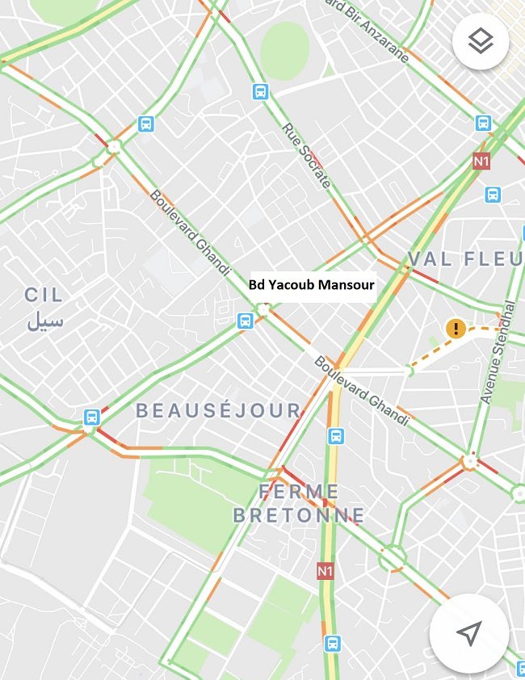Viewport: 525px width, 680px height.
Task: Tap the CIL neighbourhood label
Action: click(44, 295)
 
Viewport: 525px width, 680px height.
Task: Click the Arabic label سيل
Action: click(44, 321)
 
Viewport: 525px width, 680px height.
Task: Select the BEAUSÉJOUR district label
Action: click(218, 410)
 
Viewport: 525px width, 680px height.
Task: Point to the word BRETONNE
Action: click(299, 515)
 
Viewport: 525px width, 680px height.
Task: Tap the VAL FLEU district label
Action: click(465, 259)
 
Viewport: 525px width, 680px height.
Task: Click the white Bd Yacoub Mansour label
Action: click(312, 285)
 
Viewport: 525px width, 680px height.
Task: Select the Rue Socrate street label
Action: click(306, 155)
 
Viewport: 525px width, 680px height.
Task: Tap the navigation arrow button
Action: click(468, 633)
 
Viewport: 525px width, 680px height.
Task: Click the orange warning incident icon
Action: click(456, 328)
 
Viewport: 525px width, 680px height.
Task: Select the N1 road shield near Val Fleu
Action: click(481, 161)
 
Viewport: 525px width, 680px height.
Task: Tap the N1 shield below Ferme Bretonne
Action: click(325, 571)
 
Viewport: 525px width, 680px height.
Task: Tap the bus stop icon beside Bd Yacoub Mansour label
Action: click(246, 321)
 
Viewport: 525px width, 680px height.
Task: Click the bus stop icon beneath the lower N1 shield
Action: click(332, 644)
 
